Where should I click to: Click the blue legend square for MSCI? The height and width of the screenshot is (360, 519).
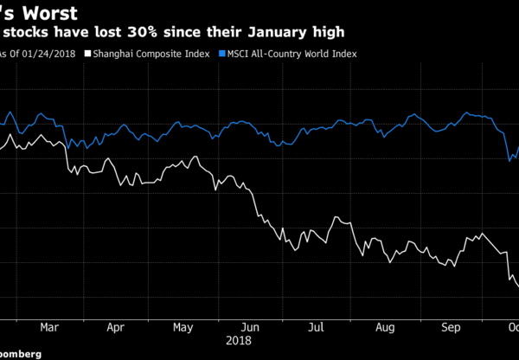(x=222, y=53)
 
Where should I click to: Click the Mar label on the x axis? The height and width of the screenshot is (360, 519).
(x=49, y=328)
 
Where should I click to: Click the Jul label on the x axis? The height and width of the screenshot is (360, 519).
(x=317, y=328)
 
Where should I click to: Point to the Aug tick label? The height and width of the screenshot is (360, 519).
(x=385, y=328)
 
